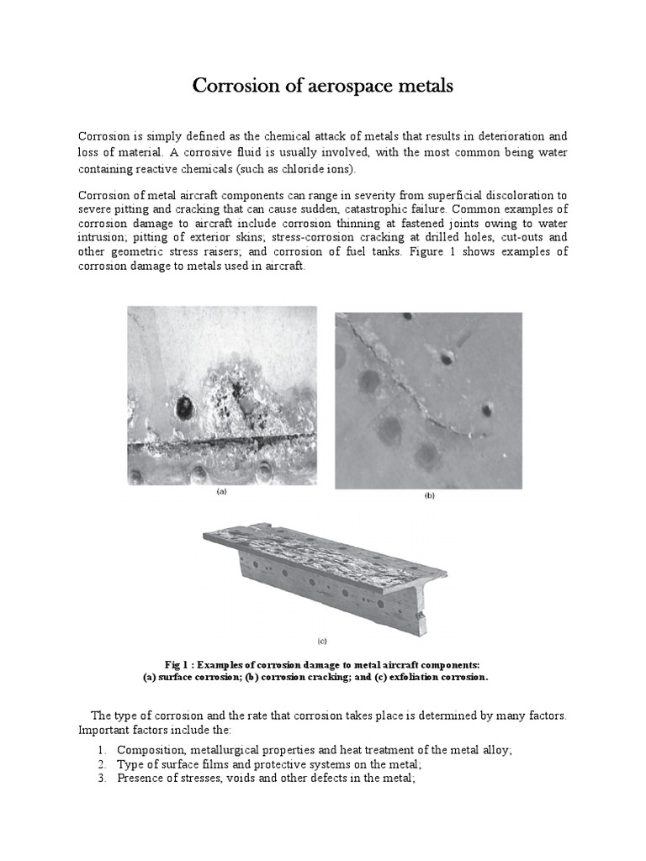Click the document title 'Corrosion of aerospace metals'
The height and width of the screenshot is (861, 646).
point(323,86)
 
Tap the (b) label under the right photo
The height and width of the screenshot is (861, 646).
point(428,497)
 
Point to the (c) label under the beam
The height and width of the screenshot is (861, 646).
point(322,640)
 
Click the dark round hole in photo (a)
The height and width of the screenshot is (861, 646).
point(183,409)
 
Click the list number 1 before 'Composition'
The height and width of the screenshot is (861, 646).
point(100,749)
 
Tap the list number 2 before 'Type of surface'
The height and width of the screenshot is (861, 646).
point(100,764)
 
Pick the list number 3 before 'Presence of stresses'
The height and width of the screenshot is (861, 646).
point(100,779)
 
